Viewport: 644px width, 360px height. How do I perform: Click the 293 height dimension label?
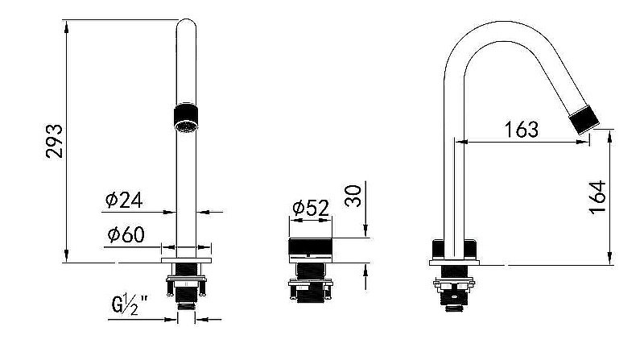tap(54, 141)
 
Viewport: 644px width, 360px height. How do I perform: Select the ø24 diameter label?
tap(124, 201)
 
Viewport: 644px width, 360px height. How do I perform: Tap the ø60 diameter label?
tap(126, 234)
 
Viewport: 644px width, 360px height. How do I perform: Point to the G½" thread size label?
tap(130, 304)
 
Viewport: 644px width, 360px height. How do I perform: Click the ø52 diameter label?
tap(311, 208)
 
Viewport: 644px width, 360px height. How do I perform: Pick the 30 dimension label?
tap(353, 196)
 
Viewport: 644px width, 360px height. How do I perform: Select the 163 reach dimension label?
tap(521, 130)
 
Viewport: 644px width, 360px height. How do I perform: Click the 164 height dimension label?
tap(597, 197)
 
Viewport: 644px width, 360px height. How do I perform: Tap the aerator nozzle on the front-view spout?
tap(186, 118)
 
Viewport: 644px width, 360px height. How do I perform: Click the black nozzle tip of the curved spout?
tap(584, 119)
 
